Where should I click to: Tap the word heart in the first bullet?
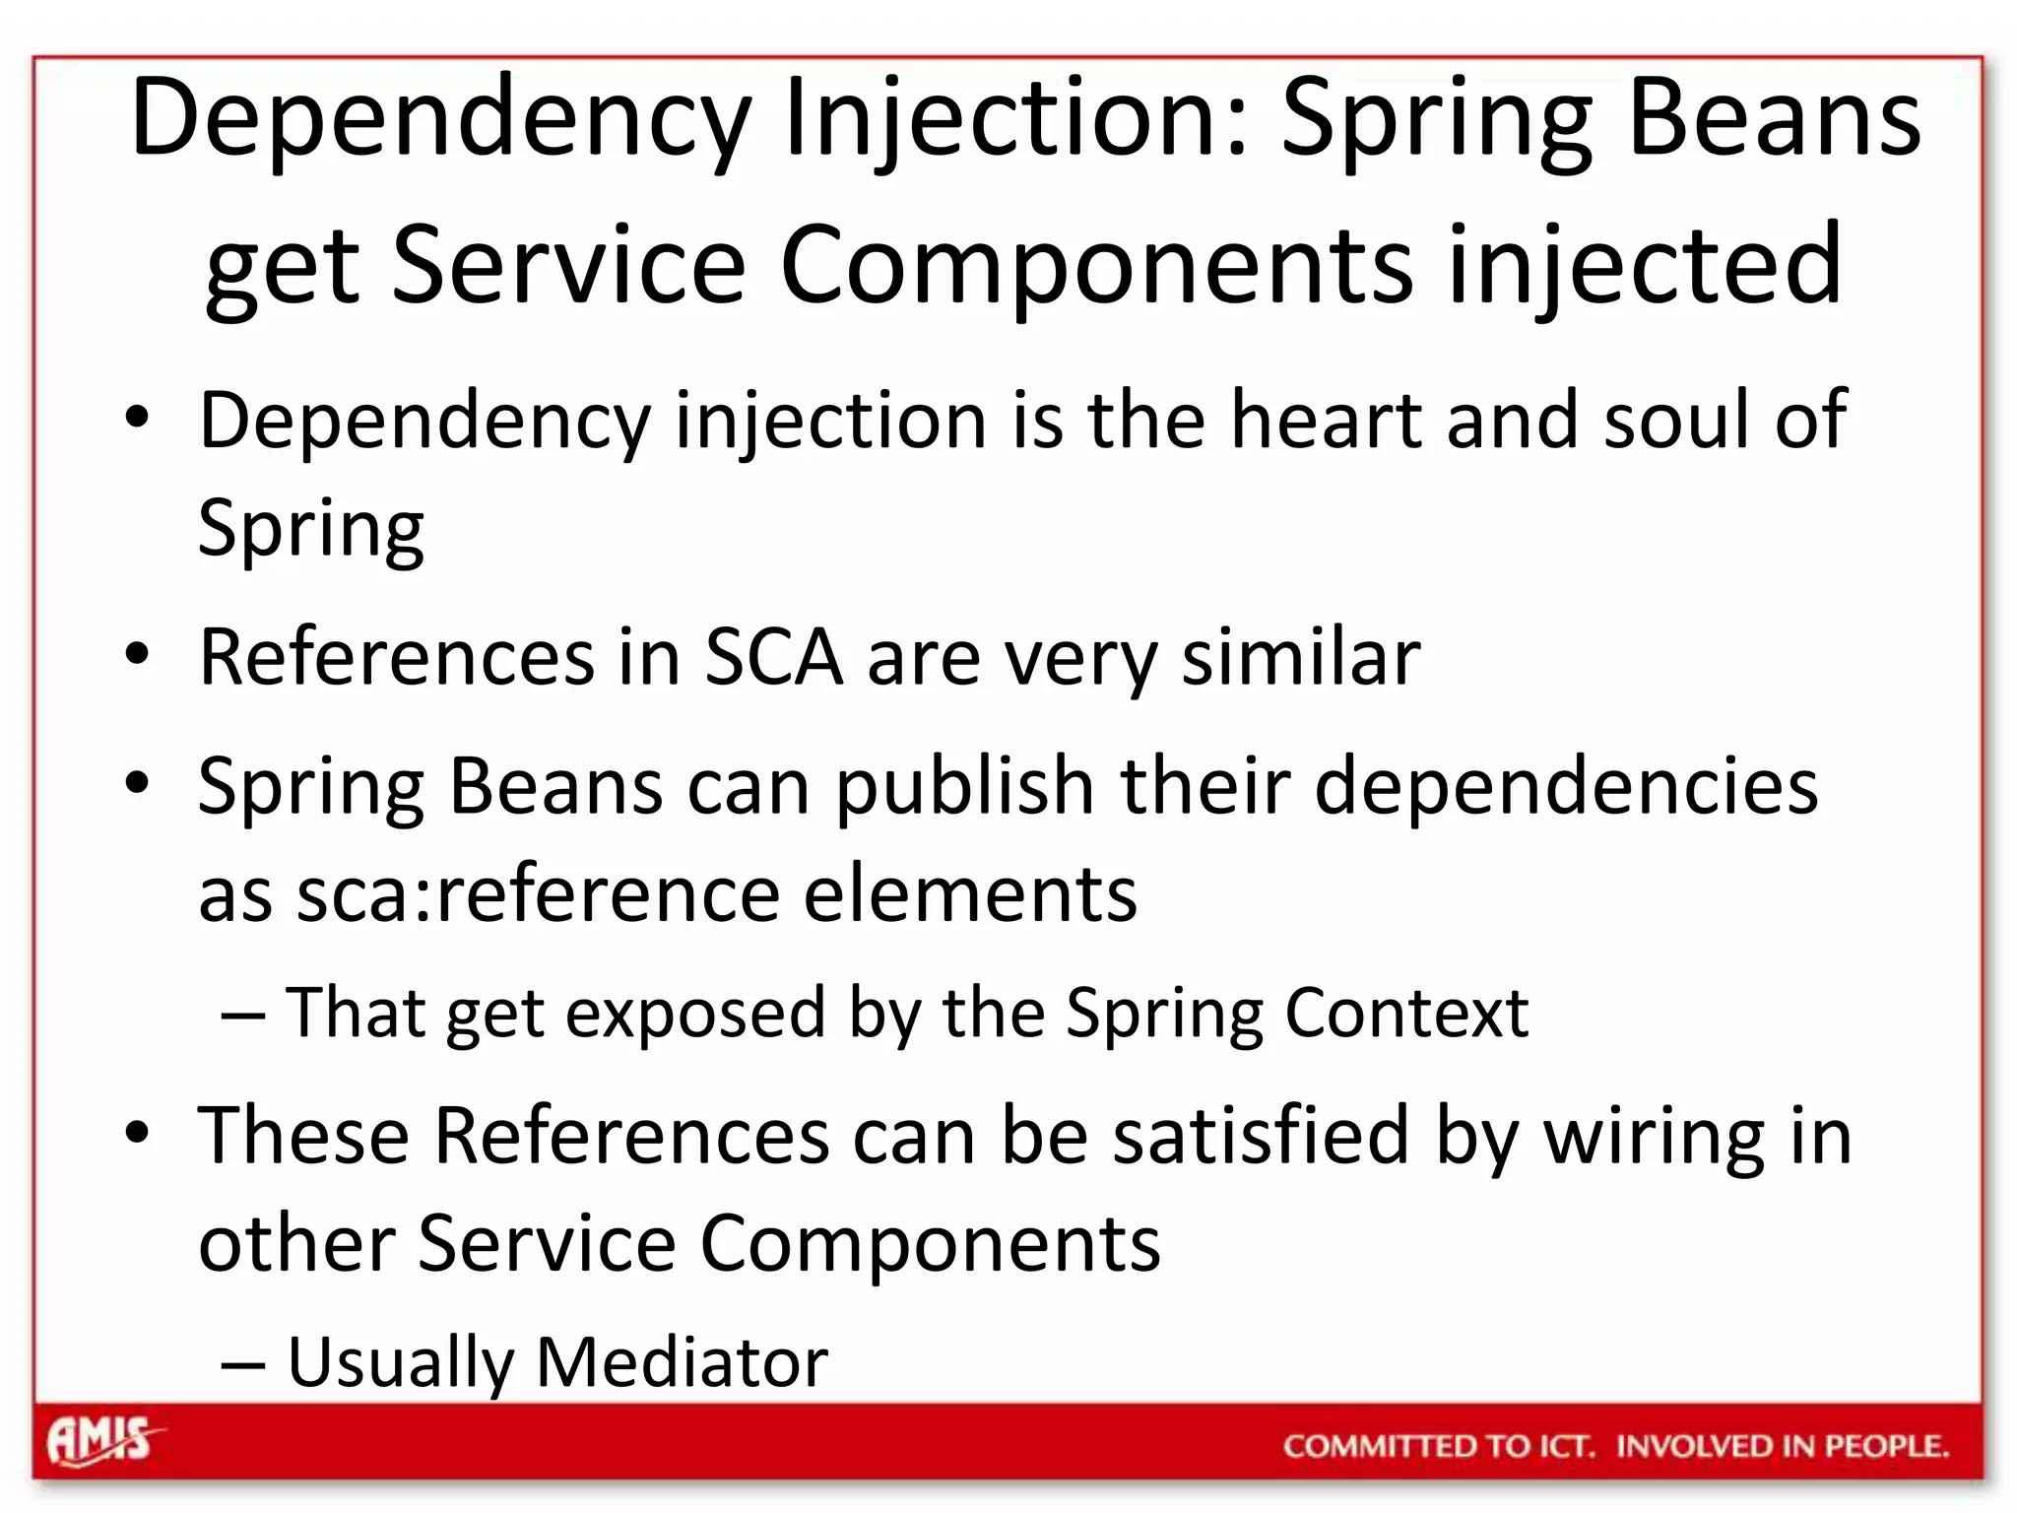coord(1326,421)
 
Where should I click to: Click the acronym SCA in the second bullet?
coord(774,657)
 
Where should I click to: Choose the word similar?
coord(1300,657)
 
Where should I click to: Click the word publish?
coord(965,787)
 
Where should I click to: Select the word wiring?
coord(1654,1136)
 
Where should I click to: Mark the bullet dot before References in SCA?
coord(137,654)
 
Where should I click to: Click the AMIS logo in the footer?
coord(101,1441)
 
